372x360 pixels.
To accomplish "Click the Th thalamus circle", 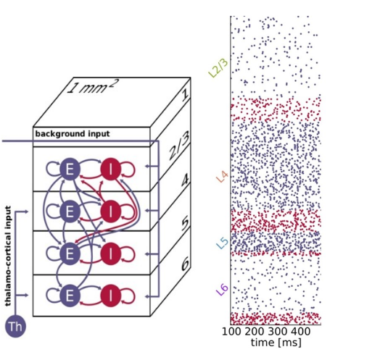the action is (15, 327).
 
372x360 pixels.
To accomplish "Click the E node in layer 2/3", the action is (70, 169).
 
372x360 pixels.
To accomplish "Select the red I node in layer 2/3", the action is (111, 169).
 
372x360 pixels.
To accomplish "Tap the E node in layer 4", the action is (70, 212).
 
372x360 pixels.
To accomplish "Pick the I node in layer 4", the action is (111, 211).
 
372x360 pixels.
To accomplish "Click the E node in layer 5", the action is (70, 254).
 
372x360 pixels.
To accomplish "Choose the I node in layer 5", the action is (111, 254).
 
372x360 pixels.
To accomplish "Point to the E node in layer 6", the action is (70, 296).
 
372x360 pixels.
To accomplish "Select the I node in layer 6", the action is (111, 296).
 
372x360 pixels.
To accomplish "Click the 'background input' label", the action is (73, 134).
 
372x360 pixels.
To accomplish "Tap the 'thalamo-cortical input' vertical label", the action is (8, 256).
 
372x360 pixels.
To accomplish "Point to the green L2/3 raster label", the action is (218, 68).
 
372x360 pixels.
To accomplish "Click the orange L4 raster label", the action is (222, 177).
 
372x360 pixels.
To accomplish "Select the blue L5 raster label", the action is (222, 243).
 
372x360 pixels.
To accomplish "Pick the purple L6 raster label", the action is (222, 290).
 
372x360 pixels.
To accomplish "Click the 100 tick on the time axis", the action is (231, 332).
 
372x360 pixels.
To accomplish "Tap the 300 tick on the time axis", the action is (278, 332).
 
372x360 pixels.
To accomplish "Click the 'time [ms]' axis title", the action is (276, 343).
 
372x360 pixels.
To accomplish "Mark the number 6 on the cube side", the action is (185, 264).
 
